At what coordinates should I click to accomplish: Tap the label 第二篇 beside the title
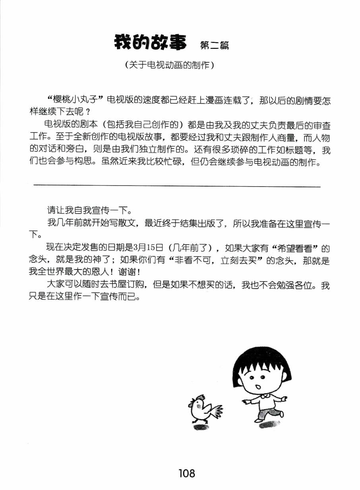215,45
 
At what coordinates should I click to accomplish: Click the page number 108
187,473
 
